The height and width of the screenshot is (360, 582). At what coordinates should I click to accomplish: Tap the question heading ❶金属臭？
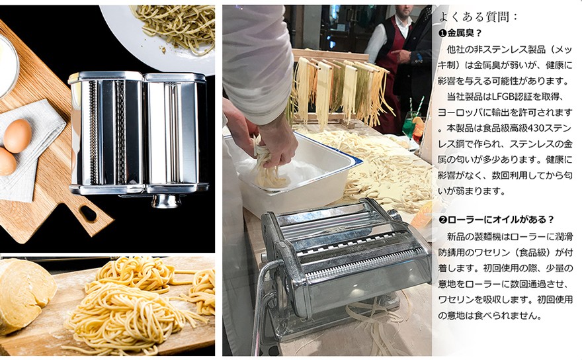click(x=460, y=32)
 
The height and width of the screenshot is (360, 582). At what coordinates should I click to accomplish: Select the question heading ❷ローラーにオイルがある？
click(x=496, y=219)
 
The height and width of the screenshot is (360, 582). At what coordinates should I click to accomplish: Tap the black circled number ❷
click(x=443, y=219)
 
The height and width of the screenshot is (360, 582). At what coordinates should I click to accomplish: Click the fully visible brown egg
click(x=18, y=135)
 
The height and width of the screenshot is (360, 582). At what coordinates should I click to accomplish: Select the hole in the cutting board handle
click(x=87, y=213)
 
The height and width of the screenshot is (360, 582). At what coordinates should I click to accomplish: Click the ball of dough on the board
click(x=25, y=291)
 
